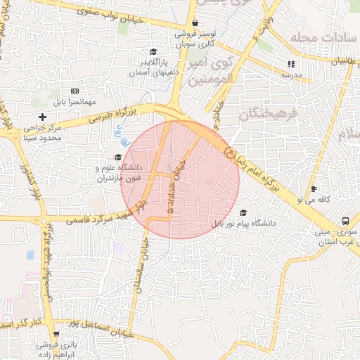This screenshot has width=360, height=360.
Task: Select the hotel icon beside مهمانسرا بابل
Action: point(75,91)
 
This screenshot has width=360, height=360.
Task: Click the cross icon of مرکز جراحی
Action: point(42,116)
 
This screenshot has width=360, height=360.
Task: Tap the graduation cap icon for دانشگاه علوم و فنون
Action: point(117,157)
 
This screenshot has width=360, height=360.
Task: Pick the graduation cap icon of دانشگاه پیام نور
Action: point(243,212)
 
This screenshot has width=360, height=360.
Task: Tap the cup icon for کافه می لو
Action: point(314,188)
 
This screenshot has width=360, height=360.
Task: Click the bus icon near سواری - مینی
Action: point(345,220)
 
